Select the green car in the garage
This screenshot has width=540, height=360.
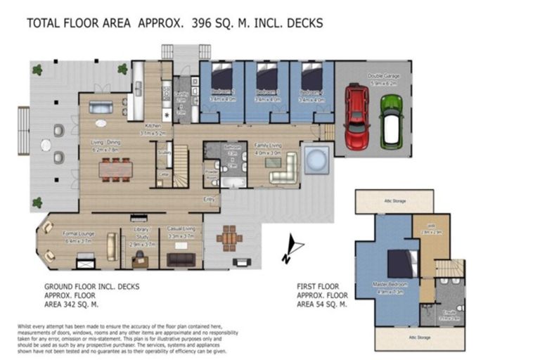[391, 120]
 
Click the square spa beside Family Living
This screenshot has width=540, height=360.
[315, 160]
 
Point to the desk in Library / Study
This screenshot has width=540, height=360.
[139, 259]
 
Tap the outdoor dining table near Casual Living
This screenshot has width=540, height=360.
[229, 238]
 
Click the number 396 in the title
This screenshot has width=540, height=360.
[202, 23]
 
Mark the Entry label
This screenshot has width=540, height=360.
[209, 199]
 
